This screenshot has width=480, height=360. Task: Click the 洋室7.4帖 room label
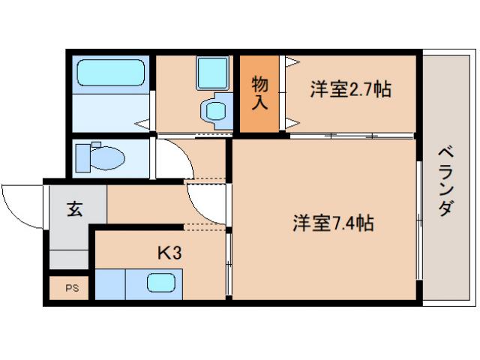pos(334,223)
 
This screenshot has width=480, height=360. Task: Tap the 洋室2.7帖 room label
pos(350,90)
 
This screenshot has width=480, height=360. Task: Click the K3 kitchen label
pos(169,253)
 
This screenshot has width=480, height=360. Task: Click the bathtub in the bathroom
pos(112,73)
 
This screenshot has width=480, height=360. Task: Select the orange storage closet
pos(259,94)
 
